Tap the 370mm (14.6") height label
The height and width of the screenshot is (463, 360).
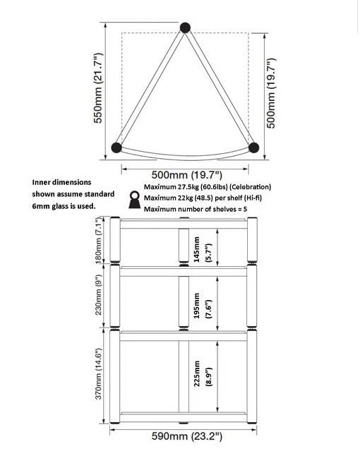point(100,374)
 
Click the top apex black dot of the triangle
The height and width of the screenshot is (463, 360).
point(186,28)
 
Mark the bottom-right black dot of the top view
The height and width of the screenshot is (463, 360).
point(254,148)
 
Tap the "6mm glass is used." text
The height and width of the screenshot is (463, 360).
point(64,206)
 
